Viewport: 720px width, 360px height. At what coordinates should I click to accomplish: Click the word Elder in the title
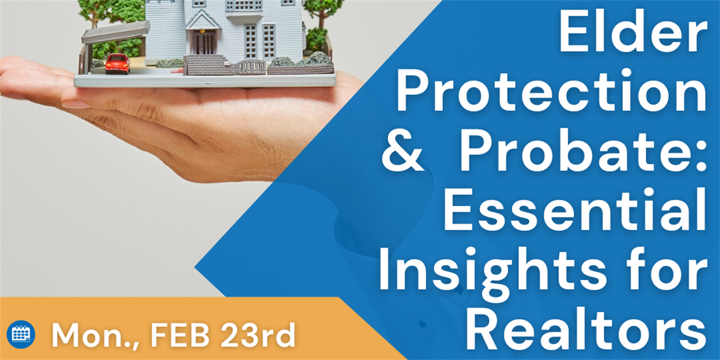coord(633,31)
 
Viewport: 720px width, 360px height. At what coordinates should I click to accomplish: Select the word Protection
coord(552,91)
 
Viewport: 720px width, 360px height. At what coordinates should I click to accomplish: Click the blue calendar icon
coord(20,335)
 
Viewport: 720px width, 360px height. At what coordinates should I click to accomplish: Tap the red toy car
coord(118,64)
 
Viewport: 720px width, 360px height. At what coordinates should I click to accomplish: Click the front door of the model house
coord(203,42)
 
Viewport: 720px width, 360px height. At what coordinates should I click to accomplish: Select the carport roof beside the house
coord(116,32)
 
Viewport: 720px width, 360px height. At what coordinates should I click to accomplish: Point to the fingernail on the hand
coord(75,104)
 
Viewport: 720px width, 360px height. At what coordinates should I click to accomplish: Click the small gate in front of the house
coord(251,67)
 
